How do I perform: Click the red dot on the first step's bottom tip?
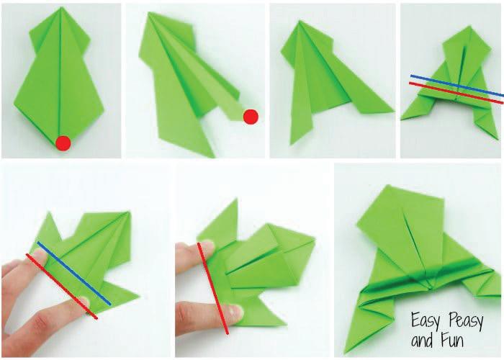click(x=63, y=143)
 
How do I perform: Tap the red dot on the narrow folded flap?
click(x=251, y=117)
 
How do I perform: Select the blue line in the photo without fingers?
click(x=456, y=86)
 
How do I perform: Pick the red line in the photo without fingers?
click(x=456, y=93)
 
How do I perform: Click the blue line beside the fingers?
click(x=74, y=273)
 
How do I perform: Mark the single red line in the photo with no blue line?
click(x=213, y=288)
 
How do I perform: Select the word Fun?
click(x=453, y=341)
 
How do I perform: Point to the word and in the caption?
click(x=424, y=341)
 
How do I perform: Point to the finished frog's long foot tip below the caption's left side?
click(x=345, y=353)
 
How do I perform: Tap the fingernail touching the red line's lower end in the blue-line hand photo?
click(x=84, y=302)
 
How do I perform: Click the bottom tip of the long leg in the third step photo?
click(x=292, y=144)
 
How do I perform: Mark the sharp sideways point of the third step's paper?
click(x=393, y=112)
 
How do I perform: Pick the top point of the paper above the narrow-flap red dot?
click(x=149, y=13)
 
